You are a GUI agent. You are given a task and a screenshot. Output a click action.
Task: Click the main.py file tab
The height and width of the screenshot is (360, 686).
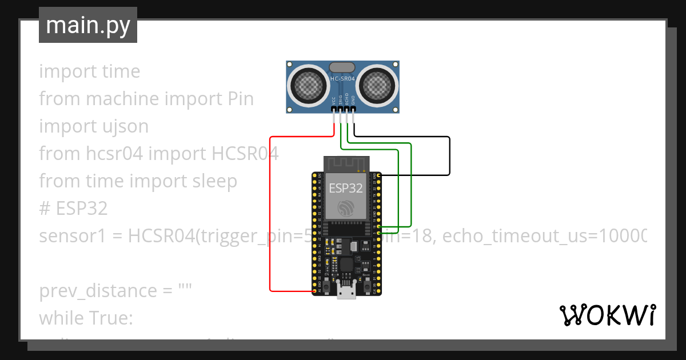point(88,25)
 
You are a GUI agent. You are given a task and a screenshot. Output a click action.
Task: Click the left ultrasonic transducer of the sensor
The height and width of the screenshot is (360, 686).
point(309,86)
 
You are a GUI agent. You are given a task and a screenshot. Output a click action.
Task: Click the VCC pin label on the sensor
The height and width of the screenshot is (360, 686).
point(334,100)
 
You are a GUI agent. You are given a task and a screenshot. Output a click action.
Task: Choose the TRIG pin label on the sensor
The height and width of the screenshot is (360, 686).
point(340,99)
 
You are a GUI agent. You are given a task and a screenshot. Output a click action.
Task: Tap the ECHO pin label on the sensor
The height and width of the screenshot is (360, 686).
point(346,99)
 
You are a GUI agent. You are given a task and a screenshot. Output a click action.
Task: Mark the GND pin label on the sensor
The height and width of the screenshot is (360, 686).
point(353,99)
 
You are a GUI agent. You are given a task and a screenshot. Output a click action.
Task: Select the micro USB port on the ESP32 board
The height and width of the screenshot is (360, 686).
point(345,293)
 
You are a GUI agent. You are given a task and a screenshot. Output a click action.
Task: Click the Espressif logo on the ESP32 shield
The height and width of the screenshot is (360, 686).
point(345,208)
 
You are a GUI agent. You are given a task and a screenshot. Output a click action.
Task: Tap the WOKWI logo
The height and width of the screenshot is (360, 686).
point(607,315)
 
